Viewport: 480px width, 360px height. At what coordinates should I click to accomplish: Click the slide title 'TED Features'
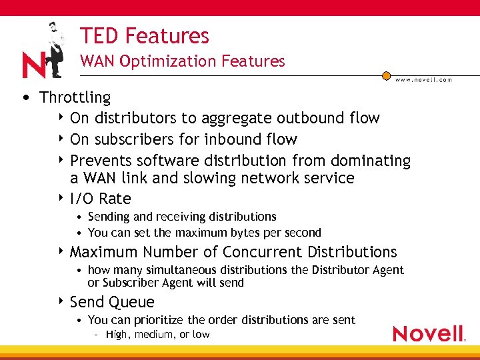[x=144, y=35]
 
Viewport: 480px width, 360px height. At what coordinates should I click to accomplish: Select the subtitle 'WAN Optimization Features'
[x=182, y=61]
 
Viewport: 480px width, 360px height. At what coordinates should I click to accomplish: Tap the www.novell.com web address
[x=423, y=79]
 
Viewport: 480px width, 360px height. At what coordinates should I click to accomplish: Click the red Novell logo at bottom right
[x=429, y=333]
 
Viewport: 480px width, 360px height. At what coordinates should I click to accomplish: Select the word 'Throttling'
[x=75, y=97]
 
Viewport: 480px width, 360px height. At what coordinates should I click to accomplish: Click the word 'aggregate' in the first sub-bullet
[x=243, y=118]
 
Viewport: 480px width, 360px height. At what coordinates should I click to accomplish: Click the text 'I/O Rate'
[x=101, y=199]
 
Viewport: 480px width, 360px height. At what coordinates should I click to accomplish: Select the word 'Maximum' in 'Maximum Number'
[x=102, y=252]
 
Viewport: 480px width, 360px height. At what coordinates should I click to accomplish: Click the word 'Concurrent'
[x=263, y=252]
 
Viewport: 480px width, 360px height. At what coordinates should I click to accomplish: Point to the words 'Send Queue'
[x=112, y=302]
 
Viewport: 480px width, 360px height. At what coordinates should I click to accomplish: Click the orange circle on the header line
[x=386, y=76]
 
